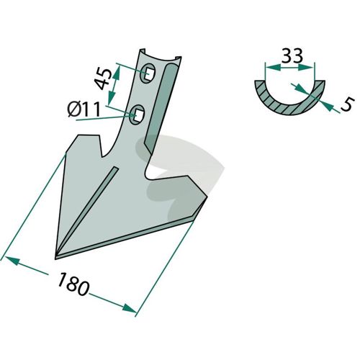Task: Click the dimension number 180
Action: (73, 284)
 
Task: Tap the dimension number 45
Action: (104, 79)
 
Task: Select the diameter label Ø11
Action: (84, 109)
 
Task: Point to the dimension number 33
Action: (292, 55)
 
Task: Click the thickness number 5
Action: (347, 104)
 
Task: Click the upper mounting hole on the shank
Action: (148, 73)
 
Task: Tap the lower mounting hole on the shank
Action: (137, 114)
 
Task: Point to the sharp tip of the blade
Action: (55, 258)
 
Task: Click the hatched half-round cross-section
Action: (290, 102)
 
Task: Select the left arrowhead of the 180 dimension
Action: (12, 260)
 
